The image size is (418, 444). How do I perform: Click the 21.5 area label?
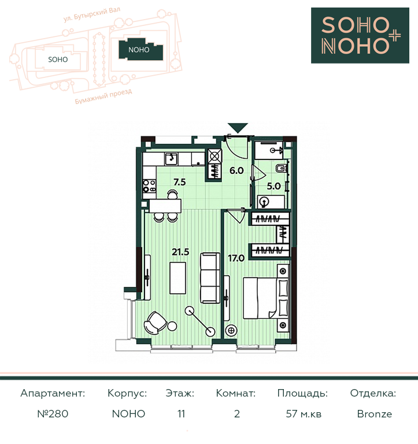pos(180,251)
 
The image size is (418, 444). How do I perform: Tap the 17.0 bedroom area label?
pos(236,258)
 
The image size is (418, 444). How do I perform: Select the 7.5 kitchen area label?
pos(180,182)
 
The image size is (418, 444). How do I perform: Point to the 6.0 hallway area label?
pos(236,171)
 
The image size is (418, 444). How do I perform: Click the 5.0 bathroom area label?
pos(273,186)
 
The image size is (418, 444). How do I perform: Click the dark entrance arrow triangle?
pos(238,128)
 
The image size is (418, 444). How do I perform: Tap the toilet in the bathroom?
pos(281,168)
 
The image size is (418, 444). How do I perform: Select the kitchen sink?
pos(172,159)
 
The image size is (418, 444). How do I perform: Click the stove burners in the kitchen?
pos(149,186)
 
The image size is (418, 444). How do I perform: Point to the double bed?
pos(266,298)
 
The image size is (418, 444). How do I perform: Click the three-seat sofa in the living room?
pos(210,278)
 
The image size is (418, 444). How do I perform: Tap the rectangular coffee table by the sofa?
pos(178,278)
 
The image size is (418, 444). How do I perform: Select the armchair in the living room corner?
pos(155,323)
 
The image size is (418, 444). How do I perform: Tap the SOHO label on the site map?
pos(58,60)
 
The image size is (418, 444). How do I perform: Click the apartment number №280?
pos(53,414)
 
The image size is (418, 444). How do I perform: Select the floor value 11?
pos(181,414)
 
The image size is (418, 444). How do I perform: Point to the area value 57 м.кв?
pos(304,414)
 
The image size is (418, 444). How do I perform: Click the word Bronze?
pos(375,414)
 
